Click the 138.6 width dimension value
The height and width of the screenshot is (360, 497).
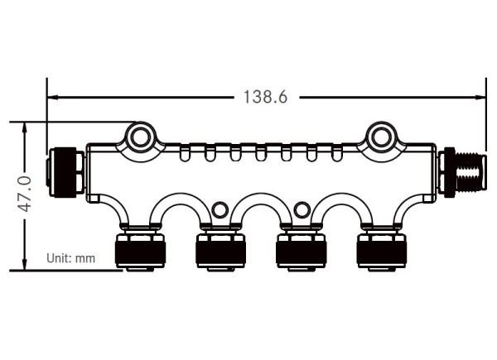tap(265, 97)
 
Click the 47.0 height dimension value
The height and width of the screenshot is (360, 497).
tap(24, 194)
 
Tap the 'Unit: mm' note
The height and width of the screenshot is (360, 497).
tap(70, 258)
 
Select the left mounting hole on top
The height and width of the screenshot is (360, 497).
tap(141, 134)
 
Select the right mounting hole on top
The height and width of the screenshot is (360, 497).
tap(380, 134)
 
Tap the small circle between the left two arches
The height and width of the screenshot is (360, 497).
tap(220, 209)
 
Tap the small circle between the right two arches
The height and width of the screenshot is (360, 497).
tap(301, 209)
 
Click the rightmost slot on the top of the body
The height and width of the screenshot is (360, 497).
tap(337, 151)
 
